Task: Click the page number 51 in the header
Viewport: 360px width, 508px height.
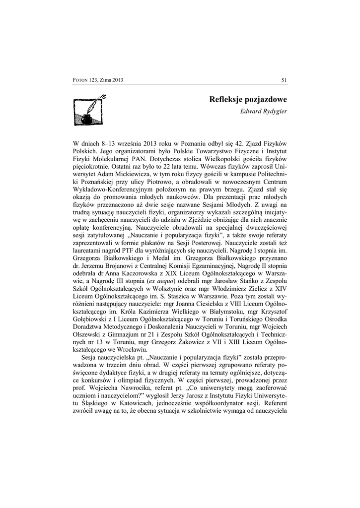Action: (x=284, y=80)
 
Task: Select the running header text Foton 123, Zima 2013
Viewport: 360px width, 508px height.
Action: (x=98, y=80)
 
